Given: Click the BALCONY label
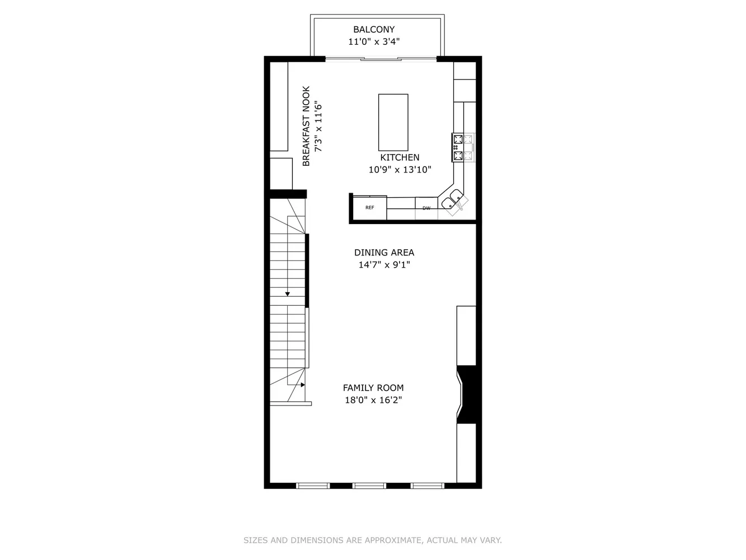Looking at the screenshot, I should click(x=373, y=30).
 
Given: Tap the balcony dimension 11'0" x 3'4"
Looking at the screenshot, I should click(x=373, y=41).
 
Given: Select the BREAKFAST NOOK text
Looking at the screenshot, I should click(x=306, y=126).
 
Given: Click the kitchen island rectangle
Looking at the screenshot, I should click(x=393, y=119).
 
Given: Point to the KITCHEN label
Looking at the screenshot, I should click(x=400, y=158).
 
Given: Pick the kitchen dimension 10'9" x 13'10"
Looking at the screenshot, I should click(x=400, y=170).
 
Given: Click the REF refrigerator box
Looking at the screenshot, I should click(x=369, y=208).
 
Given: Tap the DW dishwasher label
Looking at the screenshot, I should click(x=426, y=208).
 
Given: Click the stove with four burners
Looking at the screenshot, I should click(x=458, y=147).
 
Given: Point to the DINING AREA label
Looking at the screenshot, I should click(x=384, y=253).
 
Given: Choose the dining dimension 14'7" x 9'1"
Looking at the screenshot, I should click(x=384, y=265).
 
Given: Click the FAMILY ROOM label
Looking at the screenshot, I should click(x=373, y=388).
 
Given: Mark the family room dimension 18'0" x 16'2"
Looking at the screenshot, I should click(x=373, y=400).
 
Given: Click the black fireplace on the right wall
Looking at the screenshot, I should click(x=468, y=394).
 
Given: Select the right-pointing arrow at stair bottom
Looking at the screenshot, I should click(x=302, y=385).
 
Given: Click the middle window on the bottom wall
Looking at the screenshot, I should click(x=369, y=485).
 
